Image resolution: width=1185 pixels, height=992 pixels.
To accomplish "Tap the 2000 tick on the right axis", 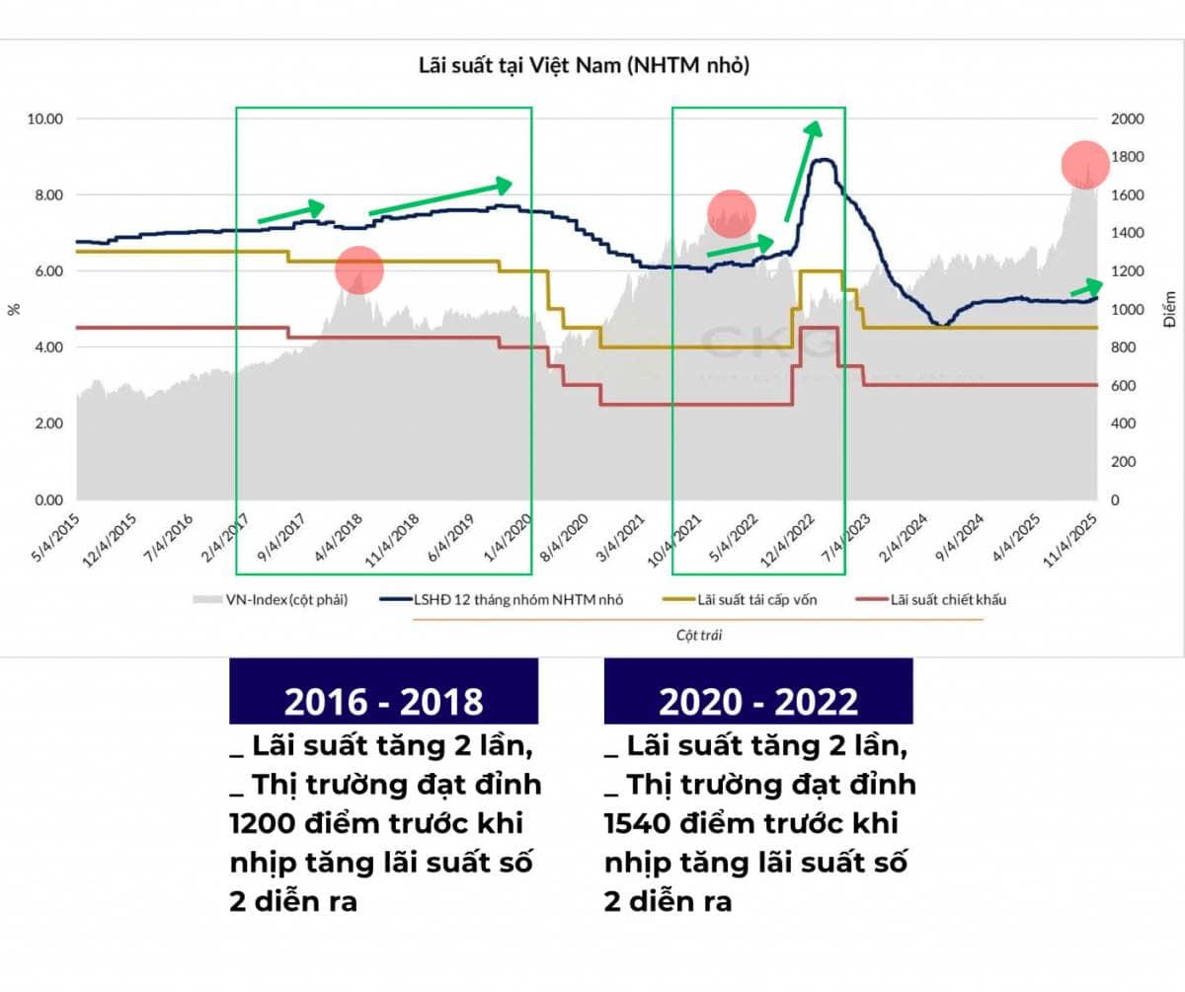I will [1126, 118].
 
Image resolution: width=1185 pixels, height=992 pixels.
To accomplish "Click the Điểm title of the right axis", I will [1169, 309].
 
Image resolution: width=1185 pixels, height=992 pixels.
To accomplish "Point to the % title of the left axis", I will [14, 309].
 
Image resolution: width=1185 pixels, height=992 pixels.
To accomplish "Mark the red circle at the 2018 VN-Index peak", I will [358, 269].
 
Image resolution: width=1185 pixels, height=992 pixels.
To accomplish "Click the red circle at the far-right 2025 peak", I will [1085, 165].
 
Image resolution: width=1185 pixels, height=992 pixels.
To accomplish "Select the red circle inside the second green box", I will [732, 212].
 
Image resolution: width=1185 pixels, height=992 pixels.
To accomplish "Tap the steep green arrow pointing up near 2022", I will [802, 170].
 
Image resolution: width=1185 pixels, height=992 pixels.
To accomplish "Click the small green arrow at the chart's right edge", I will [1085, 288].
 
